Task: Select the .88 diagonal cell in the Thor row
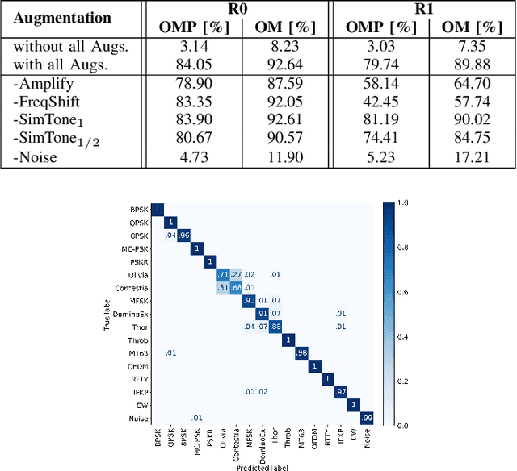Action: click(x=275, y=326)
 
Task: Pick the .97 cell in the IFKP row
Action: click(x=341, y=391)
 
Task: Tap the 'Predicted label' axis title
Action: click(x=258, y=465)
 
